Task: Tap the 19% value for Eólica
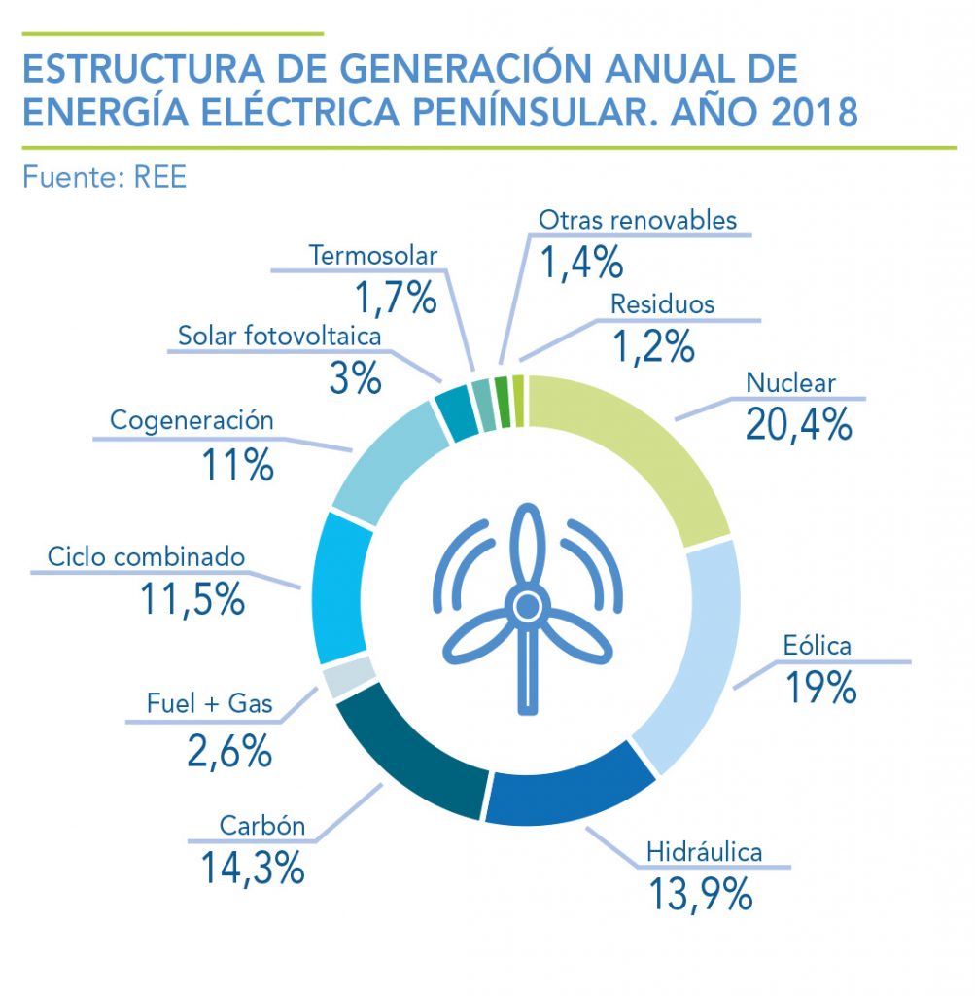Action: point(820,686)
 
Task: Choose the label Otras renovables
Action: point(638,220)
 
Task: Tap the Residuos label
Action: point(662,303)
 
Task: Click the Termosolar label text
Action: point(373,256)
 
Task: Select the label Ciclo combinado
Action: point(147,558)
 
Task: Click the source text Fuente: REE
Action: point(104,178)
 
